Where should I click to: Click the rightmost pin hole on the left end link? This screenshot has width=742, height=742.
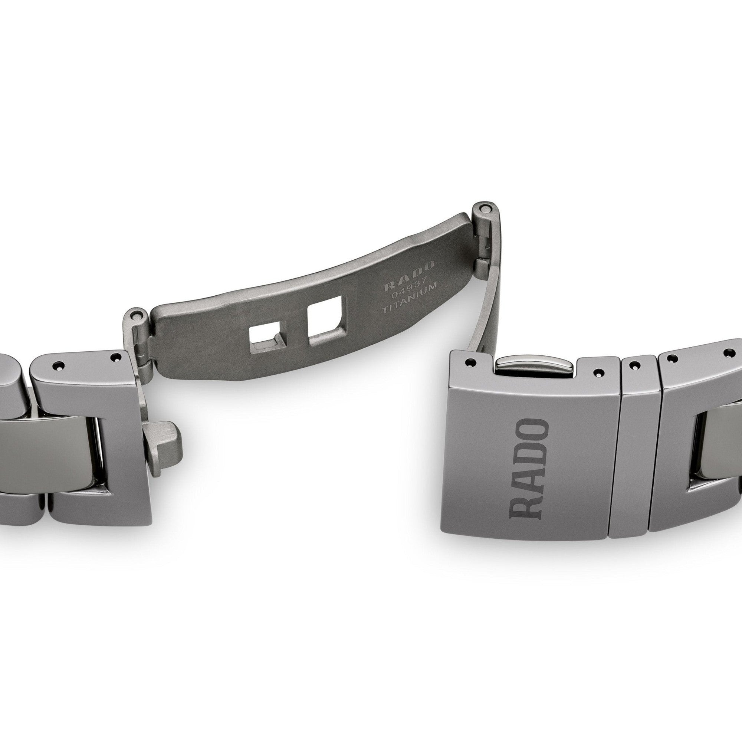click(113, 357)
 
